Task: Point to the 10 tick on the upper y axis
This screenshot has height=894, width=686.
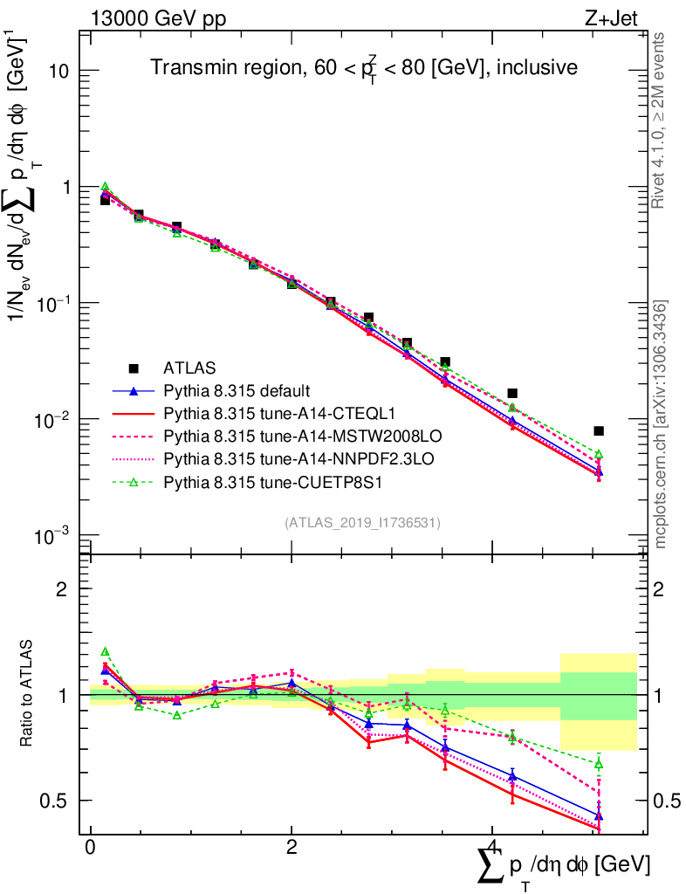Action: click(x=58, y=71)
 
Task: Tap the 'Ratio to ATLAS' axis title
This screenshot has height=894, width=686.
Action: click(x=29, y=694)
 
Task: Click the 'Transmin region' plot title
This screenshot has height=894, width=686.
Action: click(x=363, y=67)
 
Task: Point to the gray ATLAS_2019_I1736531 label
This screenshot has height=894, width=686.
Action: click(x=362, y=523)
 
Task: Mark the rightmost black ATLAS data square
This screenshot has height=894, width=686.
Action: click(x=599, y=430)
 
